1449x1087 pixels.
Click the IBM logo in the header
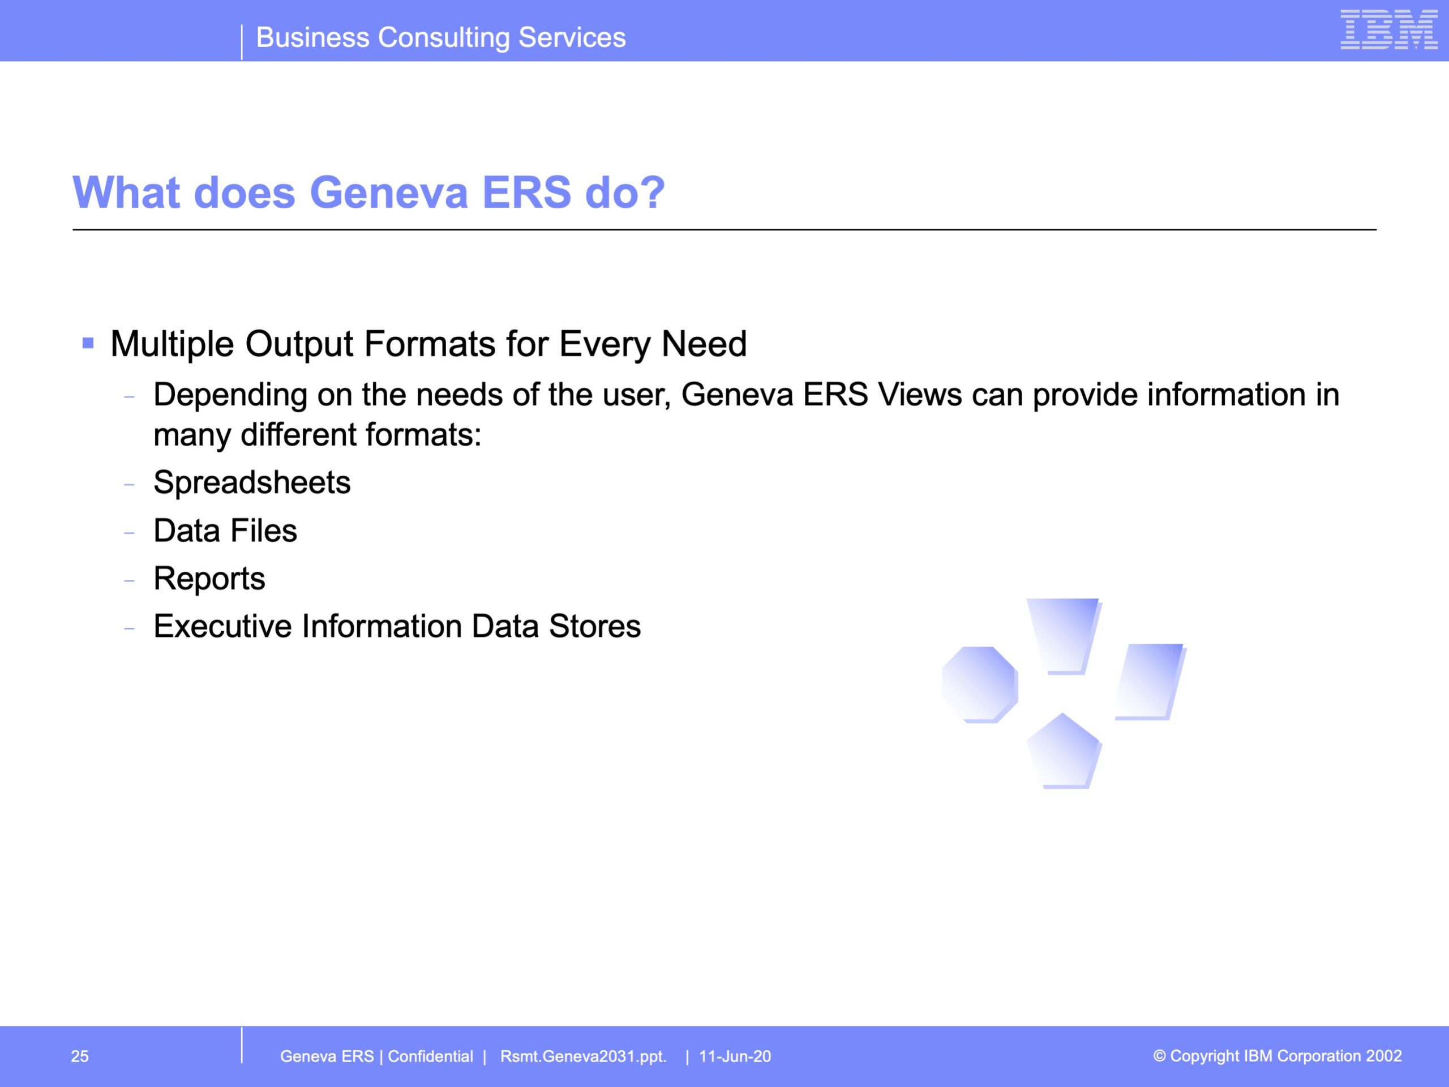[x=1389, y=29]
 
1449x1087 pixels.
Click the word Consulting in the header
[x=444, y=38]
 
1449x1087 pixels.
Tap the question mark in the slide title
[x=651, y=192]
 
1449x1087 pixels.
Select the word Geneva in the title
[x=389, y=192]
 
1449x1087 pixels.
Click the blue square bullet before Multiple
[x=88, y=343]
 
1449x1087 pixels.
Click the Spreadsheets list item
[x=251, y=483]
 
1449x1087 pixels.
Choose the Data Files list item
[x=225, y=530]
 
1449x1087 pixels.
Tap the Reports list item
[x=209, y=579]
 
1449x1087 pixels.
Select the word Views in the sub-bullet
[x=920, y=395]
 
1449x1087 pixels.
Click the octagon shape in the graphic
[x=979, y=684]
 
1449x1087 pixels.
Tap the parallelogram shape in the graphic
[x=1151, y=682]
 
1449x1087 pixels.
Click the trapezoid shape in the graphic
[x=1064, y=636]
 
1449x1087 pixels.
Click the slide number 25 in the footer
[x=80, y=1056]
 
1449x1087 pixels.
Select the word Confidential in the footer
[x=430, y=1056]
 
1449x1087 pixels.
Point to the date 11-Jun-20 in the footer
[x=735, y=1056]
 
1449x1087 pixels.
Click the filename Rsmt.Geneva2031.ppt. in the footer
[x=583, y=1057]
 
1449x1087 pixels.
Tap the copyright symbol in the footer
[x=1159, y=1055]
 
